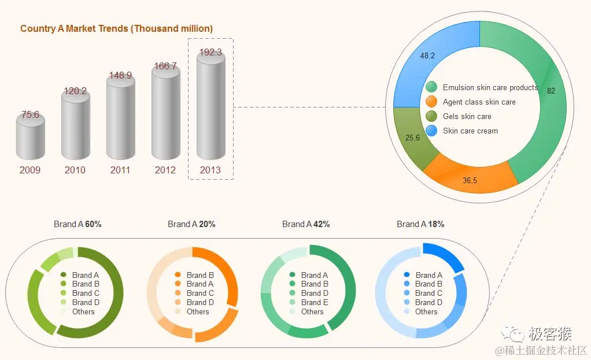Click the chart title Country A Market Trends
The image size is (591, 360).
click(x=116, y=28)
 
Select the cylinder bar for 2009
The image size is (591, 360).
click(x=30, y=139)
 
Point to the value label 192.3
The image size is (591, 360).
click(x=210, y=52)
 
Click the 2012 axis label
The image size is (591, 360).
click(x=165, y=170)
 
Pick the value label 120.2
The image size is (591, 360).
click(x=75, y=91)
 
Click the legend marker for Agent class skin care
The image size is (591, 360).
click(x=431, y=102)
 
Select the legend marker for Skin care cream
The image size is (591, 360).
click(x=431, y=131)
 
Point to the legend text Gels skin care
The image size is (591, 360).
click(x=467, y=116)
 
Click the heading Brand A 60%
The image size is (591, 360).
click(x=77, y=224)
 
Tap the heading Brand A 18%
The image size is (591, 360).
click(x=420, y=224)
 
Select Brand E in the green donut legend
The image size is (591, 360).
click(x=315, y=302)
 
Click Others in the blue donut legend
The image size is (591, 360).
click(x=426, y=311)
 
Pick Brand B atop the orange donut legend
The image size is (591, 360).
click(x=200, y=275)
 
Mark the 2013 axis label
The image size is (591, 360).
click(x=210, y=170)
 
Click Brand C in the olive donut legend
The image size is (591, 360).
click(x=86, y=293)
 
